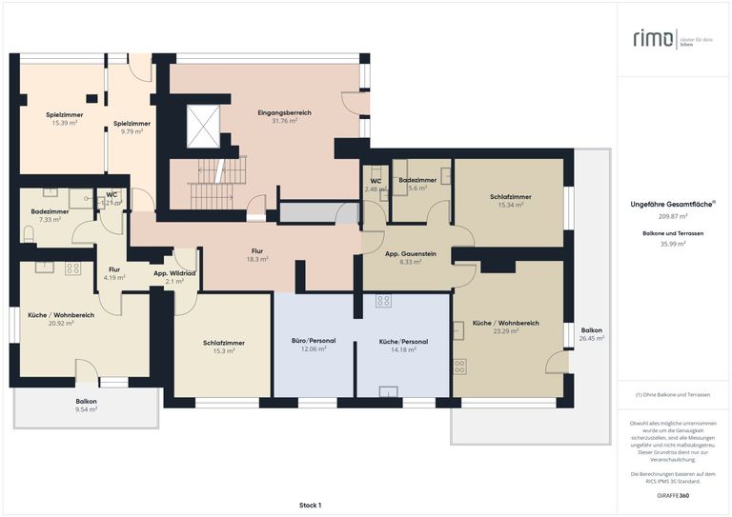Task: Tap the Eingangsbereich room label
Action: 284,117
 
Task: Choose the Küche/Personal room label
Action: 403,345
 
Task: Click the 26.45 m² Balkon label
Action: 591,335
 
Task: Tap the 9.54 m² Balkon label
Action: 87,406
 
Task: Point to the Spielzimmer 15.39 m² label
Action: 64,119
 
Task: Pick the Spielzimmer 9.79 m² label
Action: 132,128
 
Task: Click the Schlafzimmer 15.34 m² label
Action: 511,201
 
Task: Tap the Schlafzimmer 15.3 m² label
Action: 223,347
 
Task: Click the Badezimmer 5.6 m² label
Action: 417,184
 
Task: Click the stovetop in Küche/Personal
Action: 383,301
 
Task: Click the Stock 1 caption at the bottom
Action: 310,505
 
